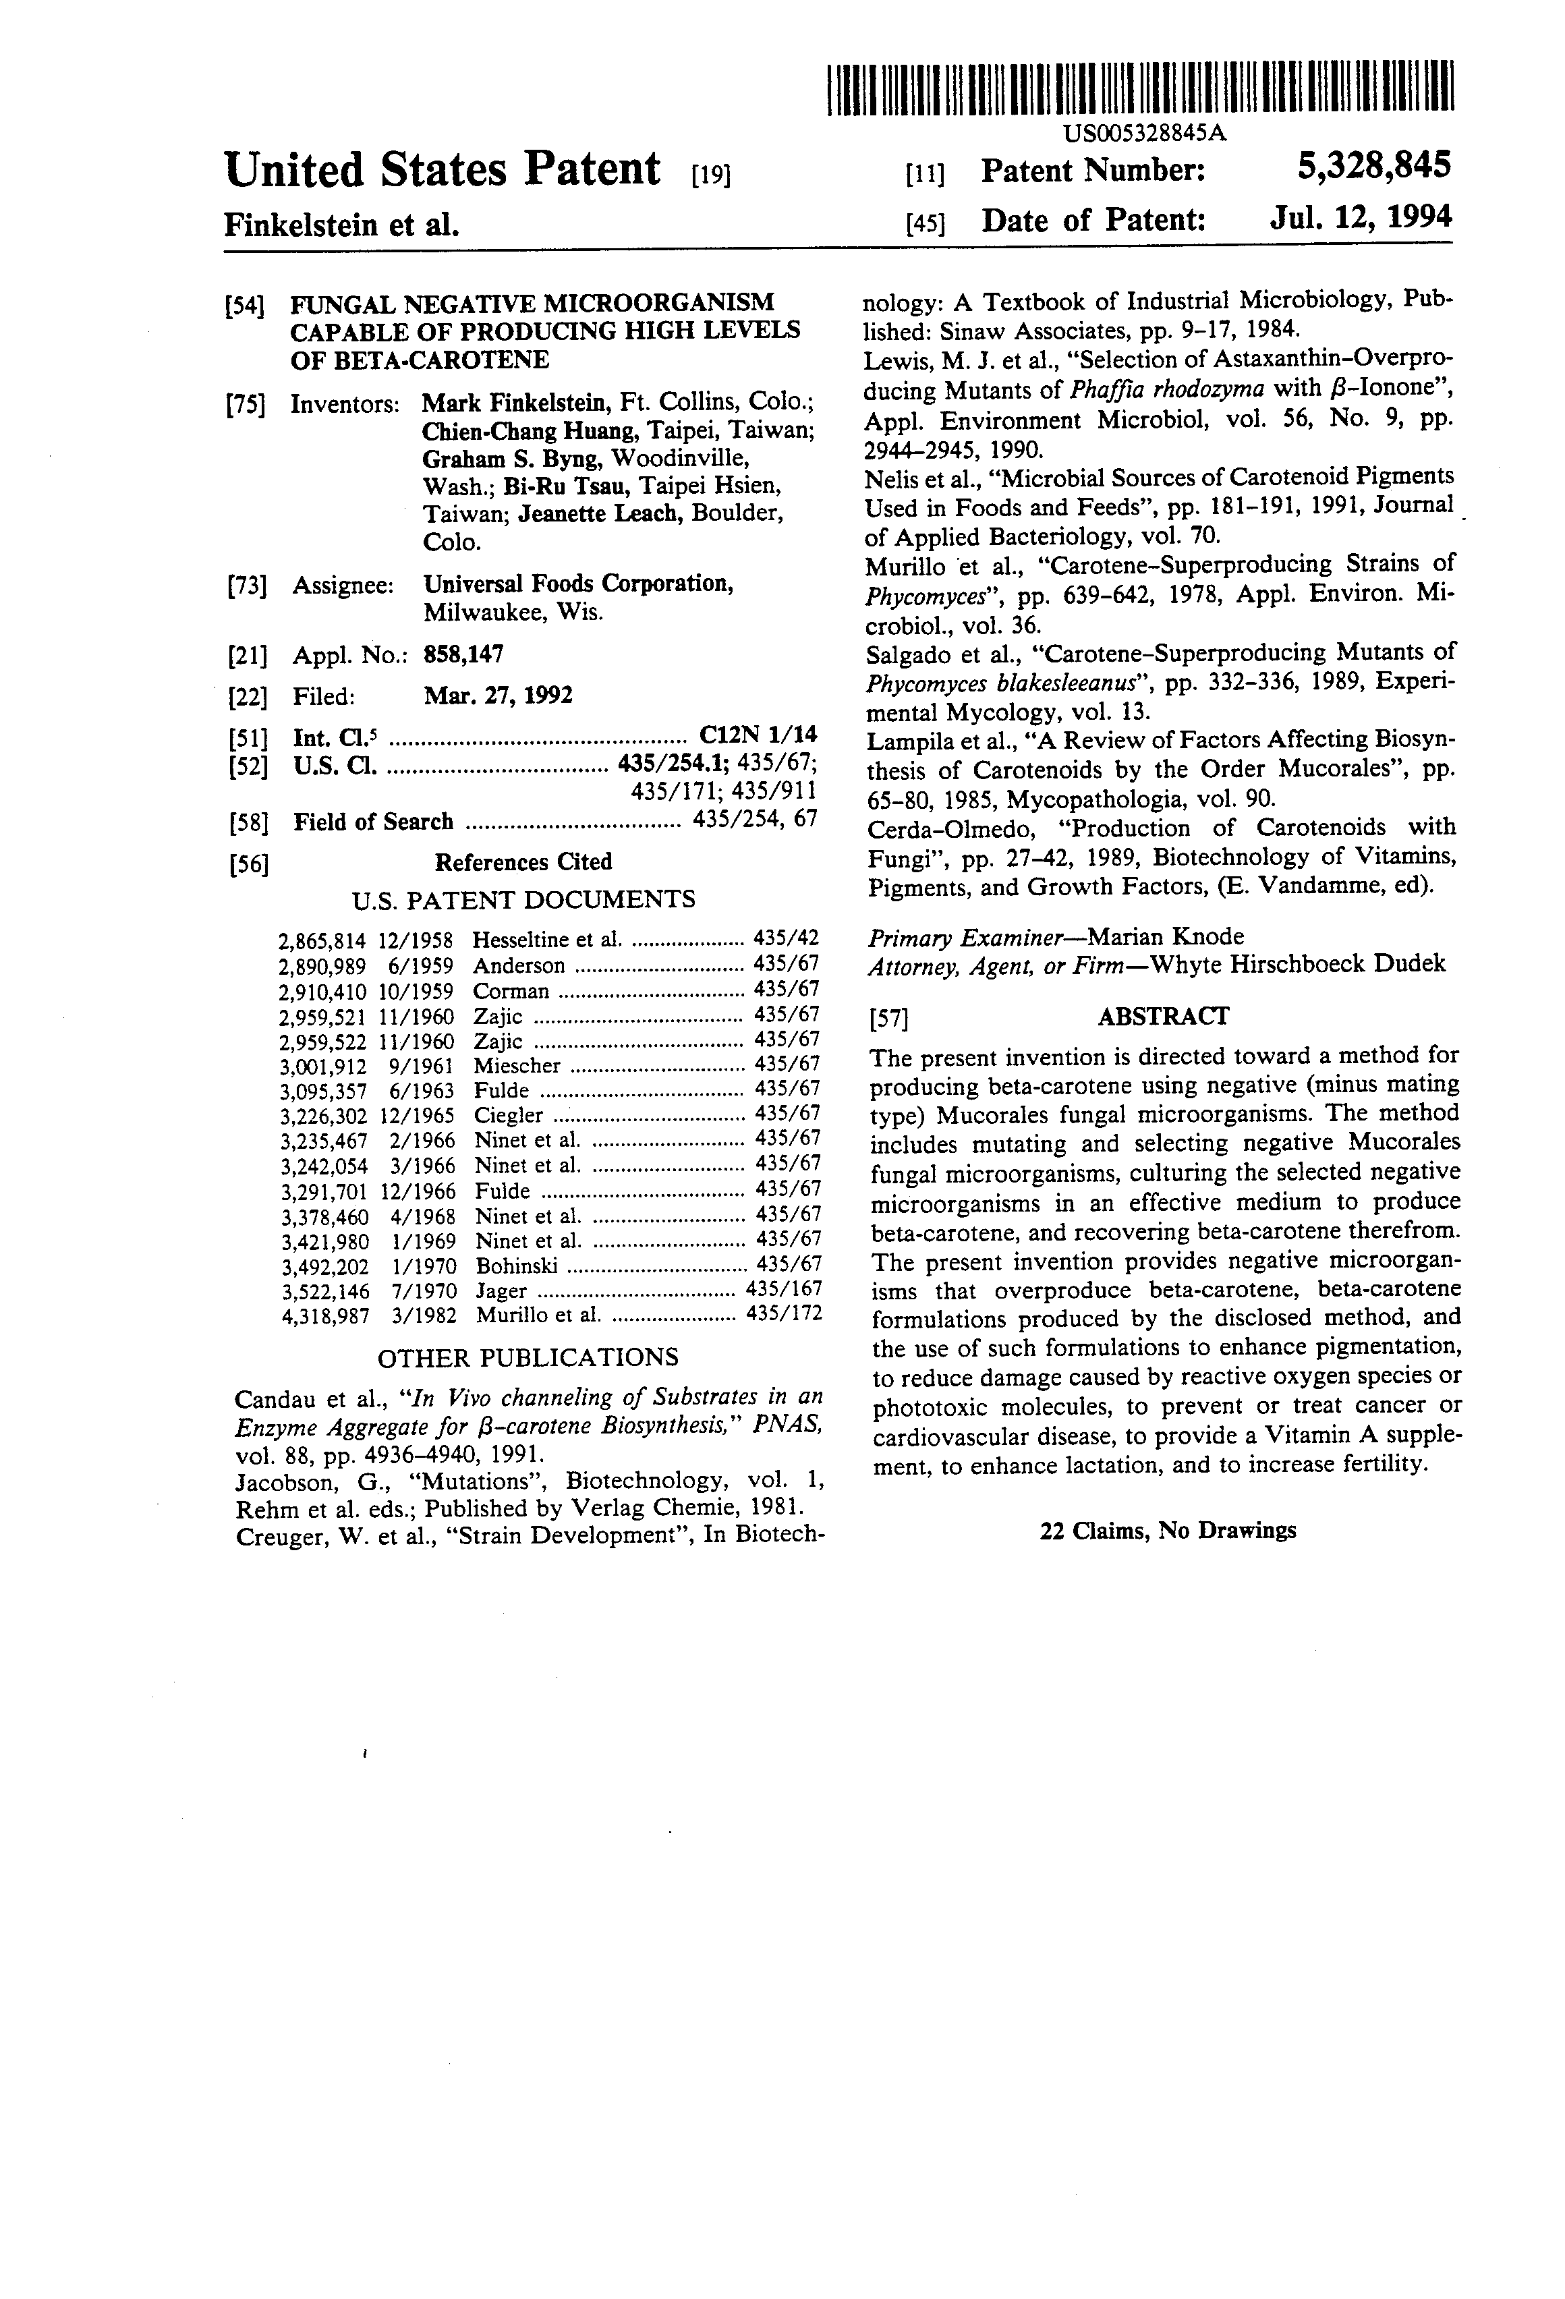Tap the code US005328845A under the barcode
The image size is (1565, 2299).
(x=1145, y=134)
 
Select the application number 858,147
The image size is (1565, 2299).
(x=464, y=654)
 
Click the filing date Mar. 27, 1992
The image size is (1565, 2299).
(x=498, y=696)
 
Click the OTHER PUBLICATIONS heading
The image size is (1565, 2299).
(x=528, y=1357)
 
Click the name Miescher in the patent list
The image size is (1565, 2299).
(x=517, y=1065)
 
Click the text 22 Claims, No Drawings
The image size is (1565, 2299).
(x=1167, y=1531)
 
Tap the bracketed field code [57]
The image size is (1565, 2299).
(x=887, y=1019)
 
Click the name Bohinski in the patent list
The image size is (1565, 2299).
(x=517, y=1266)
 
